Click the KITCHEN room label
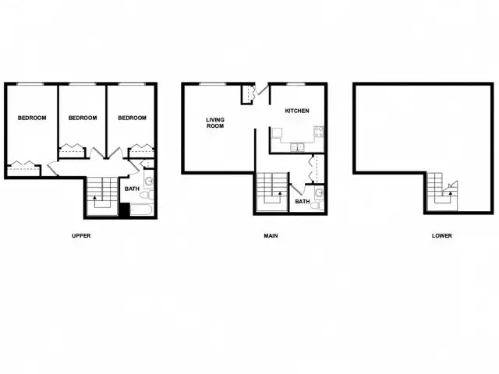(x=297, y=111)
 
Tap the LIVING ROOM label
(x=215, y=123)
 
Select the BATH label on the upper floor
(x=132, y=189)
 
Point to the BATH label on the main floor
(x=303, y=202)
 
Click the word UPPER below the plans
(x=81, y=235)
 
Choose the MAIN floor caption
(x=271, y=235)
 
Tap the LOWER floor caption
(x=442, y=235)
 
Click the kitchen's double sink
(x=297, y=147)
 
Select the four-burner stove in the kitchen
(x=319, y=132)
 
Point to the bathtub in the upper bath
(x=142, y=210)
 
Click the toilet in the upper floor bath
(x=147, y=195)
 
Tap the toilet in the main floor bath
(x=317, y=206)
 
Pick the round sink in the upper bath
(x=149, y=182)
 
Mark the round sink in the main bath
(x=319, y=192)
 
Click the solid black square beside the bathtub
(x=125, y=210)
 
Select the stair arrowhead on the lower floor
(x=451, y=192)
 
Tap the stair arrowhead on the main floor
(x=280, y=192)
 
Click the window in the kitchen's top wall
(x=296, y=84)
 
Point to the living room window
(x=213, y=84)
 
